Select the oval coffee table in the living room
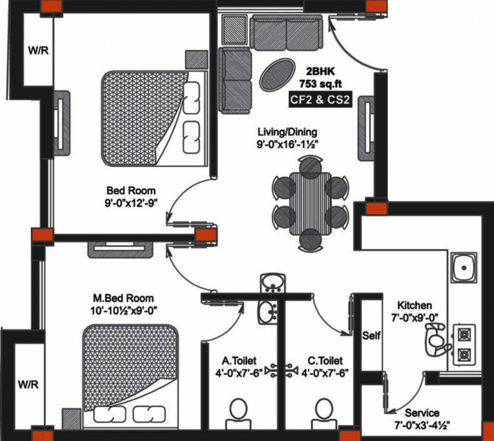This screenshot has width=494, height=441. point(276,73)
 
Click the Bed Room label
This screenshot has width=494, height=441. point(130,190)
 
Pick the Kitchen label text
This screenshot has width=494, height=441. point(417,305)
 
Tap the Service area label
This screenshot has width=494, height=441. point(422,413)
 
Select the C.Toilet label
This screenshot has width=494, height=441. point(325,361)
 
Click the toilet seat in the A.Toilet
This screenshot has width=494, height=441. point(238,413)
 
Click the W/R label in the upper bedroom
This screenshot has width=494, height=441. point(38,50)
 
